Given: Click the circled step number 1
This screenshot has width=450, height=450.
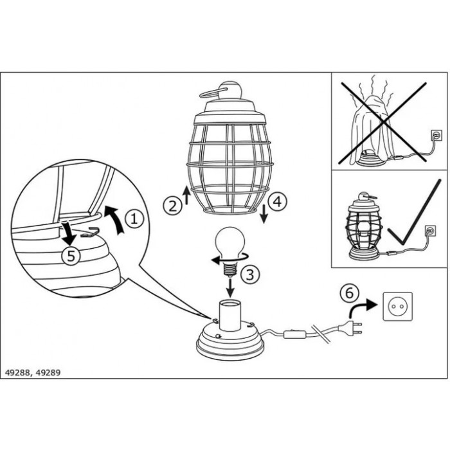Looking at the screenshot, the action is click(x=134, y=219).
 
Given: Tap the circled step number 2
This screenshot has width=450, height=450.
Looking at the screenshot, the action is click(x=173, y=206).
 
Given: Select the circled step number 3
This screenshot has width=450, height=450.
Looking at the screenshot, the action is click(x=250, y=274).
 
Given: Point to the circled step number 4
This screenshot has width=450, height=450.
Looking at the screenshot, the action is click(x=278, y=202).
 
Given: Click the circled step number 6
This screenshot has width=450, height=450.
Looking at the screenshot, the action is click(x=349, y=293).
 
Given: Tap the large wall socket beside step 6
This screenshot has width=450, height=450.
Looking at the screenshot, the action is click(x=397, y=306).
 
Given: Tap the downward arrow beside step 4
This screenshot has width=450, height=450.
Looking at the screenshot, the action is click(x=264, y=214).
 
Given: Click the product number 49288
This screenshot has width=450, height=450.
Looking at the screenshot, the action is click(x=17, y=372).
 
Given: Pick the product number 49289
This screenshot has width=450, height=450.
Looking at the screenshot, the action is click(x=49, y=372).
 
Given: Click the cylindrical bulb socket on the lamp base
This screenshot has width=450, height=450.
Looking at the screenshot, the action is click(x=230, y=315).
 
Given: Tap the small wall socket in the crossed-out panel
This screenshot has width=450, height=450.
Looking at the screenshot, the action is click(x=436, y=135).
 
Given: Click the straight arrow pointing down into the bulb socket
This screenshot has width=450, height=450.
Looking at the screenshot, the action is click(x=230, y=287).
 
